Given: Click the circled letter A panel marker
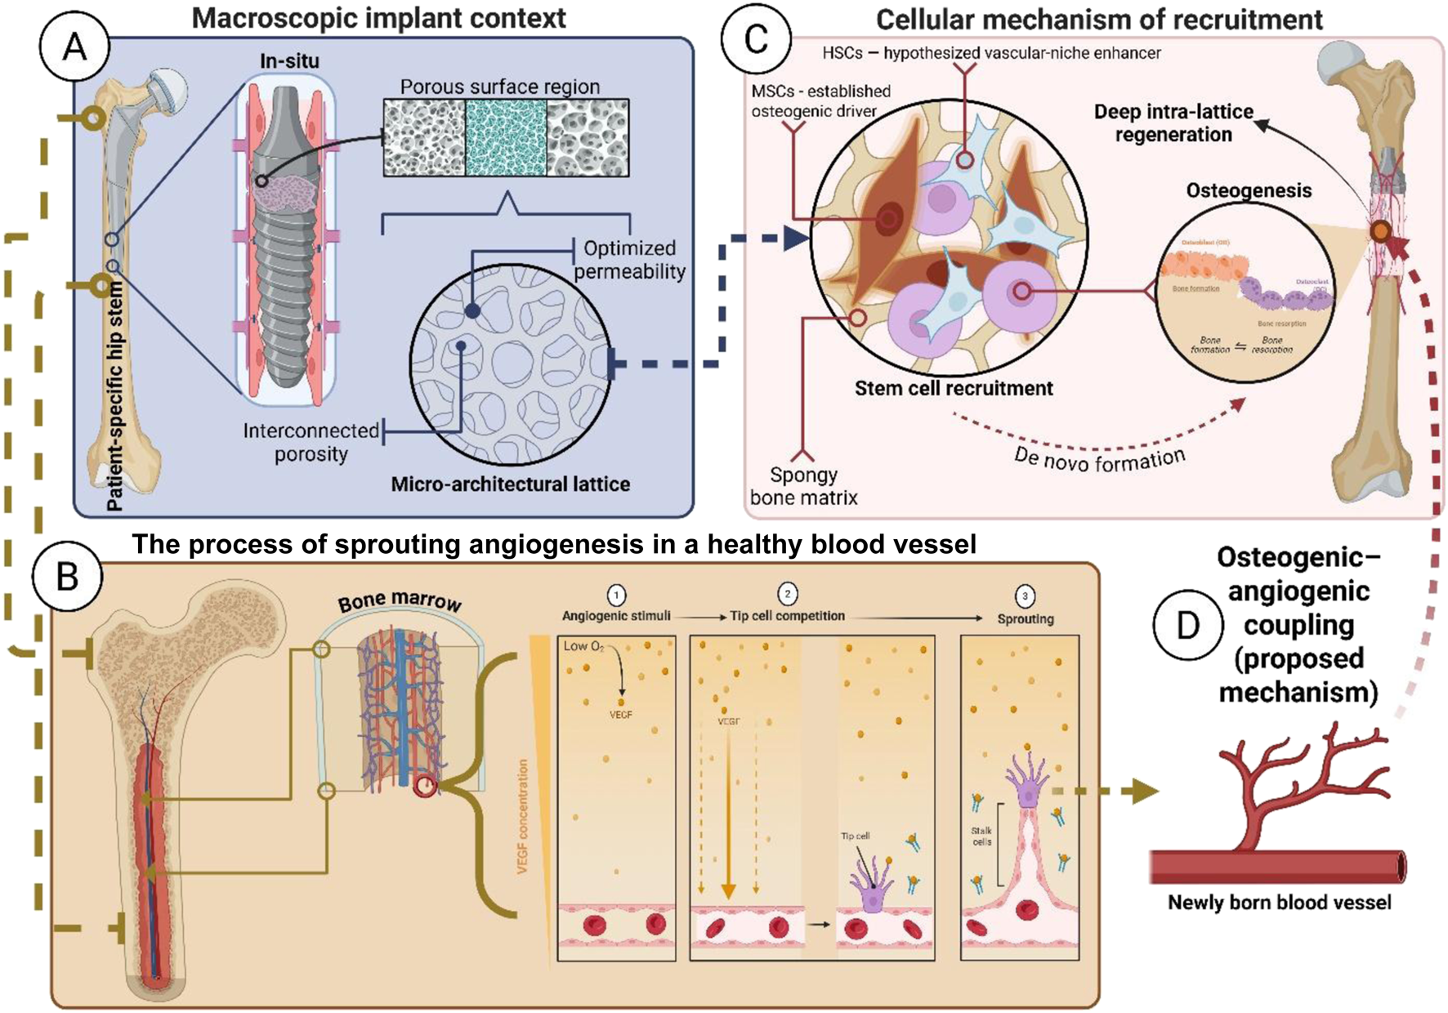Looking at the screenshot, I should pyautogui.click(x=75, y=47).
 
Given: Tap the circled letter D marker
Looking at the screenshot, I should pyautogui.click(x=1187, y=625).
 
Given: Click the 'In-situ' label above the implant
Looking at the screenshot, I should pyautogui.click(x=289, y=61).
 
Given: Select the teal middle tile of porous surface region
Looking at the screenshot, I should pyautogui.click(x=506, y=137).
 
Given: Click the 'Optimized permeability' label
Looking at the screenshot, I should pyautogui.click(x=629, y=260).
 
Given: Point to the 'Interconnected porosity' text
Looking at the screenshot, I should pyautogui.click(x=311, y=442).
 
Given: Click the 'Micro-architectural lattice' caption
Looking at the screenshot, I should pyautogui.click(x=510, y=484).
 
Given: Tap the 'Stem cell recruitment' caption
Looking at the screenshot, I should pyautogui.click(x=954, y=388).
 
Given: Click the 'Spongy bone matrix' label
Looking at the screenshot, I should pyautogui.click(x=803, y=486).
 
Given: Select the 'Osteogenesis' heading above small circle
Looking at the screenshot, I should pyautogui.click(x=1249, y=190).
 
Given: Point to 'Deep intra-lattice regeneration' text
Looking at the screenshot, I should pyautogui.click(x=1173, y=123).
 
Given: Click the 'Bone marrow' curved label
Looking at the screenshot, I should pyautogui.click(x=400, y=601).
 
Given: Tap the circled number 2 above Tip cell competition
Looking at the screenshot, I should pyautogui.click(x=787, y=594).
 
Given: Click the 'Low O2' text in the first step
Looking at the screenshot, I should pyautogui.click(x=583, y=646).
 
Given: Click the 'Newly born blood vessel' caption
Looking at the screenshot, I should pyautogui.click(x=1279, y=903).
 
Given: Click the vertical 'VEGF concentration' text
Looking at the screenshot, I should pyautogui.click(x=523, y=817).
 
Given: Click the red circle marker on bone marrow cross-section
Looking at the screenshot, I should pyautogui.click(x=425, y=787).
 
